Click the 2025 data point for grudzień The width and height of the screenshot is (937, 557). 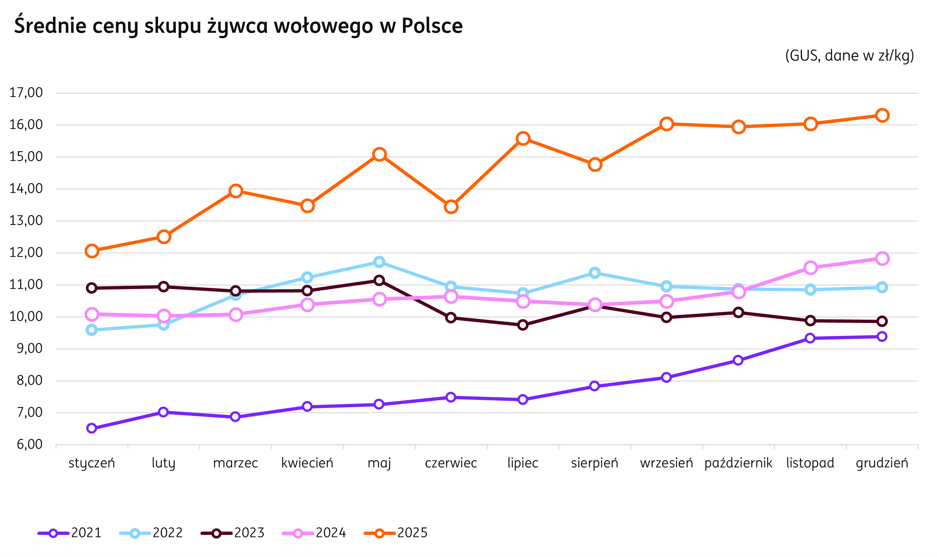pyautogui.click(x=882, y=115)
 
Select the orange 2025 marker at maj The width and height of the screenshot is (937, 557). pyautogui.click(x=379, y=154)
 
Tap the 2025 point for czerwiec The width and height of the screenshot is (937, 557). pyautogui.click(x=451, y=207)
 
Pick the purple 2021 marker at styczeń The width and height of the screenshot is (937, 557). pyautogui.click(x=92, y=428)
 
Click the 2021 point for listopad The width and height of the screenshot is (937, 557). pyautogui.click(x=810, y=338)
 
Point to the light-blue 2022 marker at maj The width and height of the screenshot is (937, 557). pyautogui.click(x=379, y=262)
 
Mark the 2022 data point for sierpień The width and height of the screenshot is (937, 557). pyautogui.click(x=595, y=273)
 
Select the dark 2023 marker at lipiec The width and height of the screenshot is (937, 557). pyautogui.click(x=523, y=325)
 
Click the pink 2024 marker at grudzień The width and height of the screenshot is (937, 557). pyautogui.click(x=882, y=259)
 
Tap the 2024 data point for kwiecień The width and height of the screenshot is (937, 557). pyautogui.click(x=307, y=304)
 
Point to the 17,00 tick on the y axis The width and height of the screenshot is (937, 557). pyautogui.click(x=26, y=93)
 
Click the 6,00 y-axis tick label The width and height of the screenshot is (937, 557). pyautogui.click(x=29, y=445)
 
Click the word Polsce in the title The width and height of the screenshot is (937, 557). pyautogui.click(x=432, y=25)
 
